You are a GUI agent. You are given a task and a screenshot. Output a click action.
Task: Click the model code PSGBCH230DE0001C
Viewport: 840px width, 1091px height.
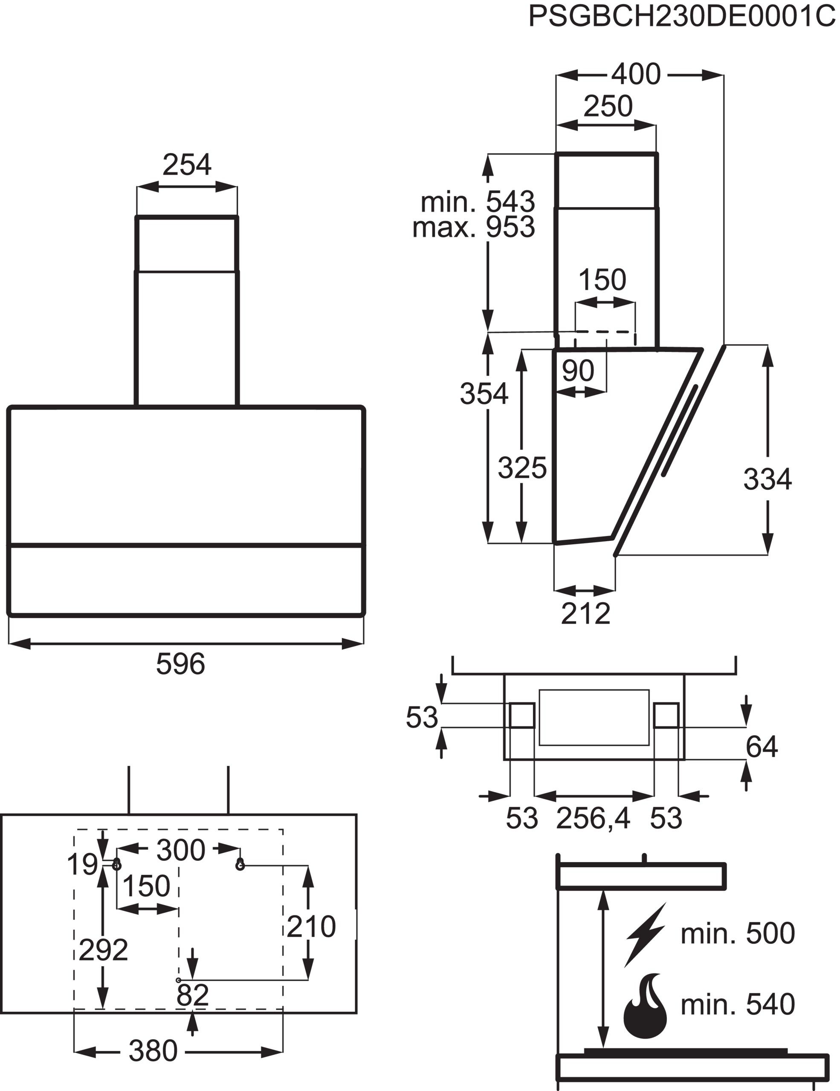[682, 17]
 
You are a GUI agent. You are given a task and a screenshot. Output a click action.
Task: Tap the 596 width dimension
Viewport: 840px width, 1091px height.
[180, 664]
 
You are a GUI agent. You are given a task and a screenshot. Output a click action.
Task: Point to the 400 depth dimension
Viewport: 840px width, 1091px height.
[636, 75]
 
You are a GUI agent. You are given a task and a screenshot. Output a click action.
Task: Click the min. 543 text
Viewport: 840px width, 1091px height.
[478, 202]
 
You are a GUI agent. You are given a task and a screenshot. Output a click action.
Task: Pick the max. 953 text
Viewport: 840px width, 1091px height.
[473, 227]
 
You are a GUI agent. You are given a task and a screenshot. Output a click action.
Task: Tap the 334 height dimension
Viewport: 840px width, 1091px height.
[767, 479]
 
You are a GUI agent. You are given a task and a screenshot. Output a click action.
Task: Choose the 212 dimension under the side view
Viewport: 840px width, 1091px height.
[585, 613]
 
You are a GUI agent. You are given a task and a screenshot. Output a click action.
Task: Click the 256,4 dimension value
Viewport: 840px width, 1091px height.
[593, 818]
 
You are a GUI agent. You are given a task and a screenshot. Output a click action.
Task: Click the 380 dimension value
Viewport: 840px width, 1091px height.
[153, 1051]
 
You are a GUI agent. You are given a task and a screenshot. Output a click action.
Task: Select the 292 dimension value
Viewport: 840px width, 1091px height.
[104, 950]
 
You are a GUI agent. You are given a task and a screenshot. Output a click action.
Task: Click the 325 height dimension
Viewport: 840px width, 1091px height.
[522, 468]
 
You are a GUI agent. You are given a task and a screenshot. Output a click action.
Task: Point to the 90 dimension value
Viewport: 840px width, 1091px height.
[578, 371]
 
